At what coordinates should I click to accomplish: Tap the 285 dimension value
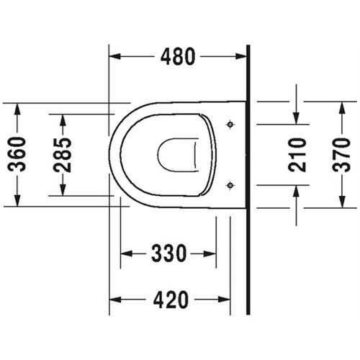(63, 154)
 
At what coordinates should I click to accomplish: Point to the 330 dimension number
(168, 253)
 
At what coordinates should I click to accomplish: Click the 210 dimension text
(297, 154)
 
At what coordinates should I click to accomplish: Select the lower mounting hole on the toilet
(230, 185)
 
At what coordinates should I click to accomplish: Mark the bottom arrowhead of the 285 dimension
(63, 190)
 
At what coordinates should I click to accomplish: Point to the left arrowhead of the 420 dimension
(114, 299)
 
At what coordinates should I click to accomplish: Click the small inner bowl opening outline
(176, 153)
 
